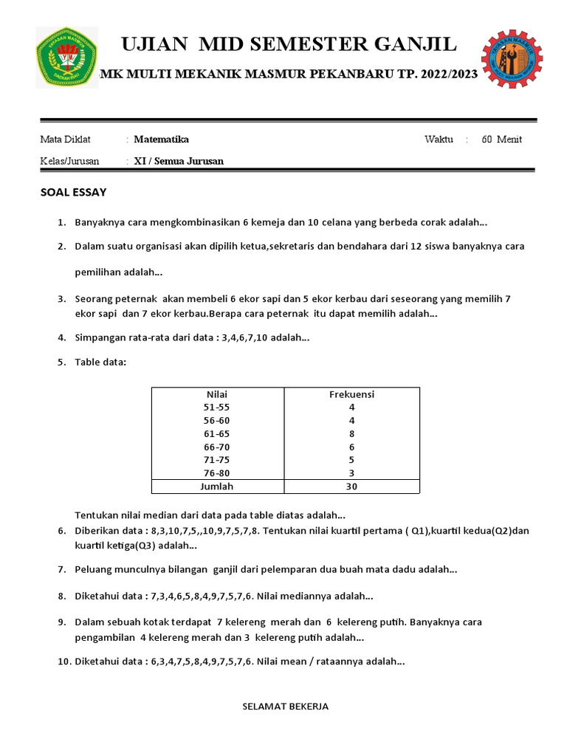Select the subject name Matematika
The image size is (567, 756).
[x=161, y=140]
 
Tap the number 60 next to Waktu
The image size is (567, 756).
[x=487, y=140]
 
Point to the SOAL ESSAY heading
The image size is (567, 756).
[x=73, y=193]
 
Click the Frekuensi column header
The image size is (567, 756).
[x=351, y=394]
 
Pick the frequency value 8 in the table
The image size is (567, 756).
[x=351, y=433]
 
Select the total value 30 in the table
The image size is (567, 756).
[x=351, y=487]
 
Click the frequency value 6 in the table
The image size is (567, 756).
[x=351, y=447]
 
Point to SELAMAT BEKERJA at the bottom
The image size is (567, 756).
[x=286, y=707]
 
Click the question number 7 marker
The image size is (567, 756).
[x=62, y=569]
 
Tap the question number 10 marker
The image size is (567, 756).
[x=63, y=661]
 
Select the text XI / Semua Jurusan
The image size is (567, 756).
[x=179, y=161]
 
